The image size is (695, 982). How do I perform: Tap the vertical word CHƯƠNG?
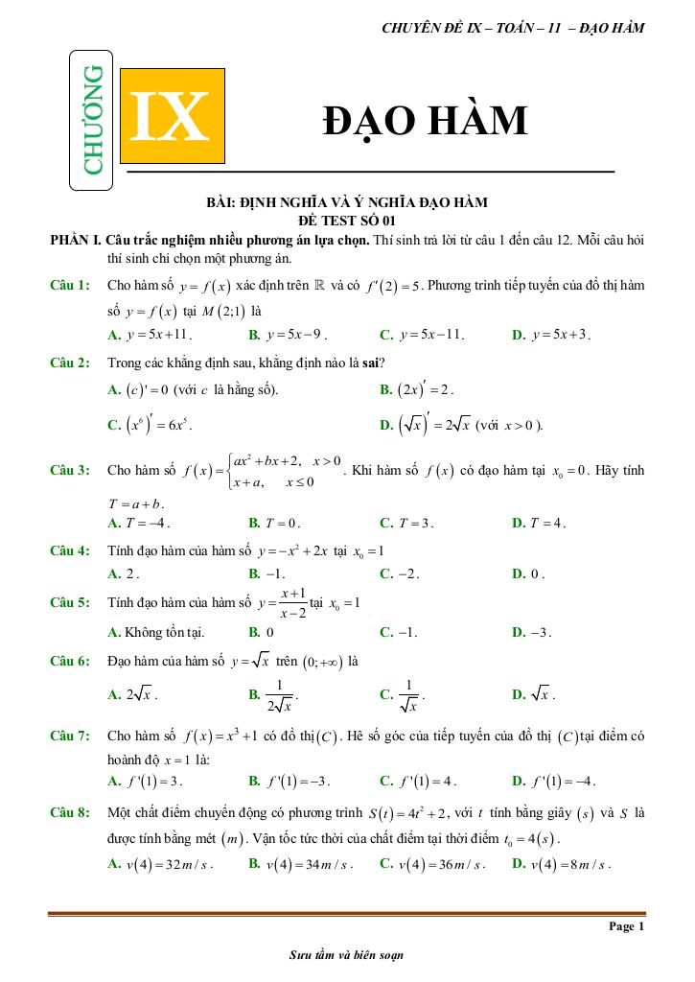(x=93, y=120)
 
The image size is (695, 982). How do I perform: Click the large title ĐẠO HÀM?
(x=426, y=121)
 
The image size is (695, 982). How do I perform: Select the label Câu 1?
(x=70, y=286)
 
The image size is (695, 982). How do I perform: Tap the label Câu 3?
(x=70, y=470)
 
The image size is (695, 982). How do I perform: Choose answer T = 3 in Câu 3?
(x=413, y=523)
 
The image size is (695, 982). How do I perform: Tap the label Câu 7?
(x=70, y=736)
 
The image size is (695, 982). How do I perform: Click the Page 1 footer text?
(x=626, y=926)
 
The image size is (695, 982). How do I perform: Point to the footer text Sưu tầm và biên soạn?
(x=346, y=955)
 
